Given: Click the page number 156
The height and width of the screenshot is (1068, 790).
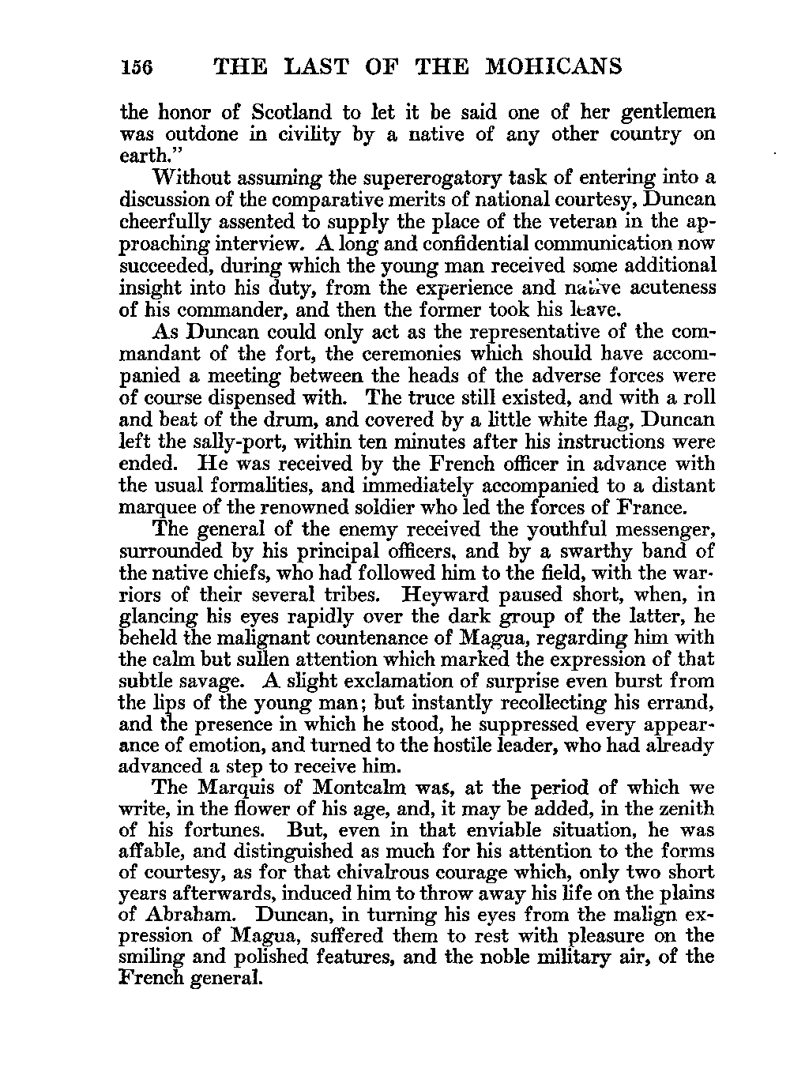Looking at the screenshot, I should click(139, 67).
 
